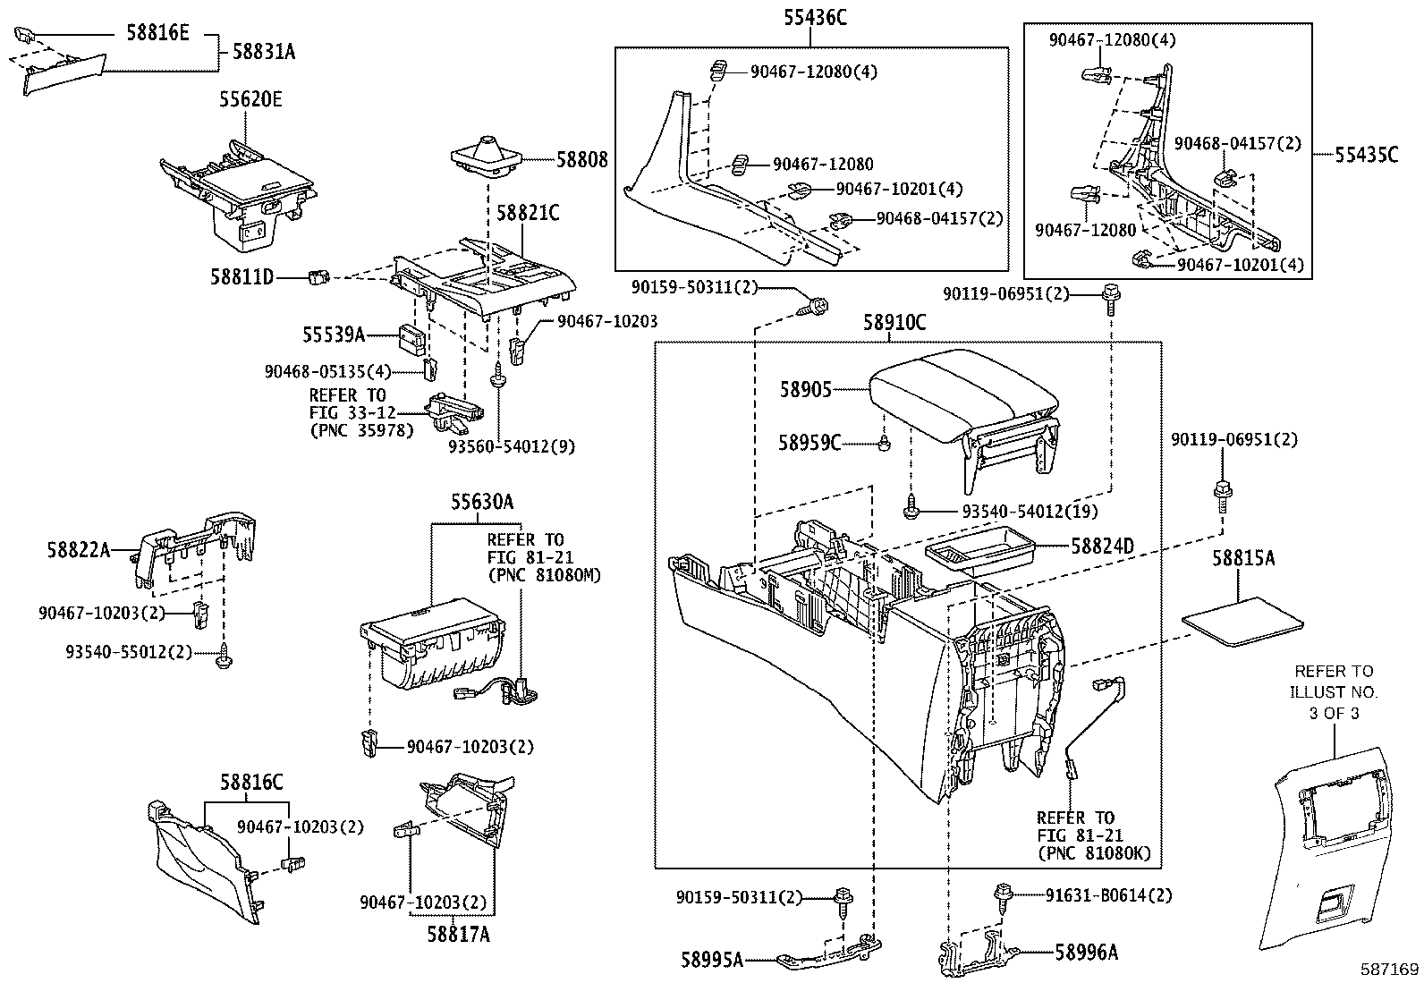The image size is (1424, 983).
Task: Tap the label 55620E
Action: coord(250,100)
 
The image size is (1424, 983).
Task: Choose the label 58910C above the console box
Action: coord(894,323)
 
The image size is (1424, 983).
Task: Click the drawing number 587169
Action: coord(1390,969)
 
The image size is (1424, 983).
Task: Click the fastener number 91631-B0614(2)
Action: coord(1107,894)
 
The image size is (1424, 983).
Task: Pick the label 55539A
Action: coord(333,335)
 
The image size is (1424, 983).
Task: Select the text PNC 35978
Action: coord(361,430)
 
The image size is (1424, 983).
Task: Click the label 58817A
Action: coord(459,935)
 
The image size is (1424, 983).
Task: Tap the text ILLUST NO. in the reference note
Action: coord(1333,691)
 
